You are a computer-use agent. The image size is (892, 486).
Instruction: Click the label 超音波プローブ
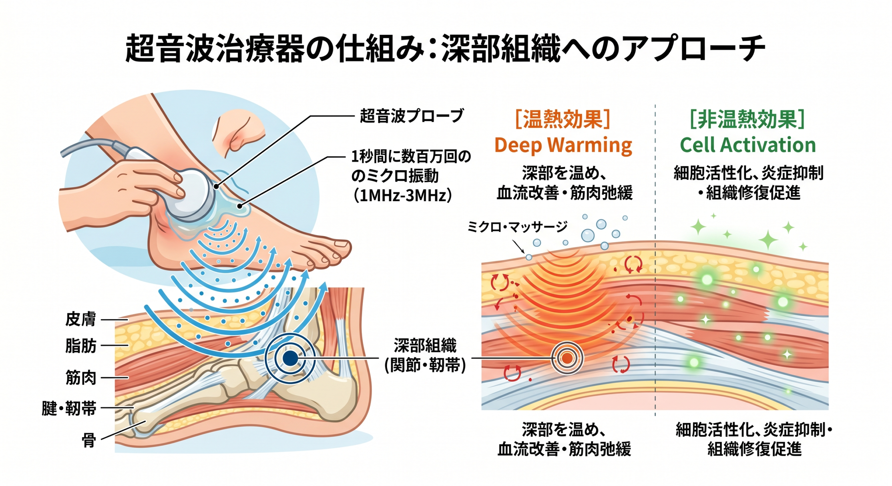click(x=411, y=116)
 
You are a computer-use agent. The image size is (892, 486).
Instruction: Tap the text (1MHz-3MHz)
click(x=402, y=196)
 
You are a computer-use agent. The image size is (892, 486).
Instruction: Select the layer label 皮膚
click(x=80, y=319)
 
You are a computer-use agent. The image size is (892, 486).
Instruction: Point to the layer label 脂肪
click(x=80, y=346)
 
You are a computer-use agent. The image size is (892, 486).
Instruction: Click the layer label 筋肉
click(x=80, y=378)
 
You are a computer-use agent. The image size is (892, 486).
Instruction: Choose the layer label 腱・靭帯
click(x=69, y=408)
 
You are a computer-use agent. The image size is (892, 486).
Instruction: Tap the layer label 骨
click(x=89, y=440)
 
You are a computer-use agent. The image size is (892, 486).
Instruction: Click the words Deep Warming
click(x=563, y=145)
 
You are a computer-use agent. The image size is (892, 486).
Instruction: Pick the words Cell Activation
click(x=748, y=145)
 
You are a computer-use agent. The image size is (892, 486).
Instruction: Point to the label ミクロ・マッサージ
click(x=517, y=227)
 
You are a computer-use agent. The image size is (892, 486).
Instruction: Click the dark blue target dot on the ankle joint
click(x=290, y=358)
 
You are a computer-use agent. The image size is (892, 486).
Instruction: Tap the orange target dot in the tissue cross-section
click(x=567, y=358)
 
